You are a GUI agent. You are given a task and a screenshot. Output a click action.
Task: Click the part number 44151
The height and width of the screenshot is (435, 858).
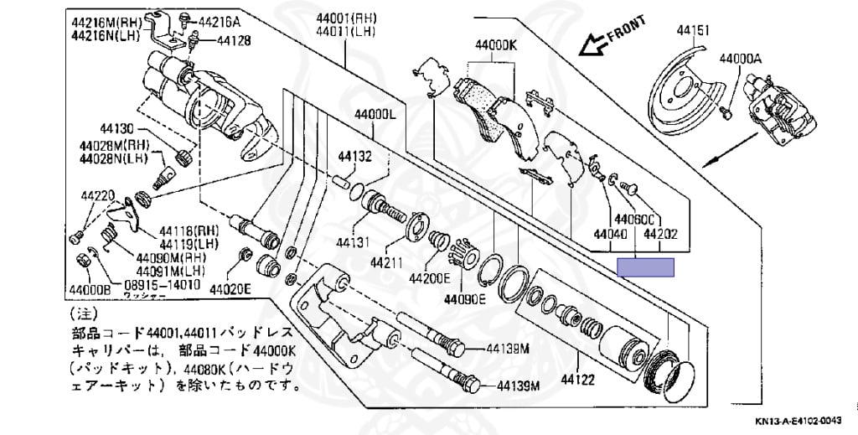coord(694,31)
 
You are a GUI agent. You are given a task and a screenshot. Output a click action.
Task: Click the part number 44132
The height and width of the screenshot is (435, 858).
coord(355,156)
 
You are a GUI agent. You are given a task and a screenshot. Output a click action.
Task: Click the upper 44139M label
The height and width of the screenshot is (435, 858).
coord(512,348)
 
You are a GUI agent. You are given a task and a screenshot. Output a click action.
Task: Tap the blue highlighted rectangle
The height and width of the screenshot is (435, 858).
coord(645,268)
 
